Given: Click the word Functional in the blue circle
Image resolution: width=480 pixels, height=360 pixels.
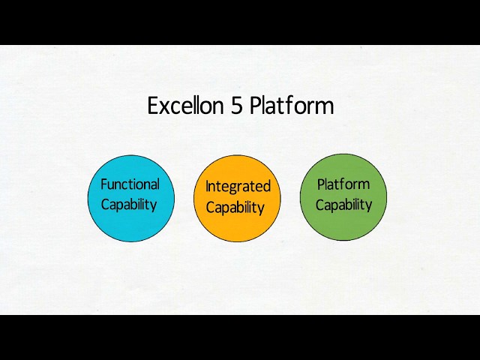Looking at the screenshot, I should point(130,184).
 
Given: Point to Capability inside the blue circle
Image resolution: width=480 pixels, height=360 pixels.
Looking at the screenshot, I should point(129,204).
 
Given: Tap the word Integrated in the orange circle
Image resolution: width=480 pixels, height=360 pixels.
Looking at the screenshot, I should point(238,187).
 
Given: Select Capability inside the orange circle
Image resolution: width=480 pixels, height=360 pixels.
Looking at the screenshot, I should point(235,208).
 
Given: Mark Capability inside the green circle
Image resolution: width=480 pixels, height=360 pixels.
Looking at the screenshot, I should point(343,205).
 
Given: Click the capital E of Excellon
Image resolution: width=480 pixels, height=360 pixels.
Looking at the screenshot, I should point(153,106).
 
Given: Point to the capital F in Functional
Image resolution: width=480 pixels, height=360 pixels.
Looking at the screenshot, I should point(104,184).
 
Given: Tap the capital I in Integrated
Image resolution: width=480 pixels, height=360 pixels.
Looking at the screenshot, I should point(208,187).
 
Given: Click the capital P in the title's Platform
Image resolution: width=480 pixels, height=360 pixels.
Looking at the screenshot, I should point(256,106).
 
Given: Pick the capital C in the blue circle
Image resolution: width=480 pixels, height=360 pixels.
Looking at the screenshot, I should point(106,204).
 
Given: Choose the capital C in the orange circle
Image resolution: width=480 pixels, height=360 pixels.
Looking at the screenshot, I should point(211,208).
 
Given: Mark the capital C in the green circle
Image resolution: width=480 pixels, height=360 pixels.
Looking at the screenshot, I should point(320,205).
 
